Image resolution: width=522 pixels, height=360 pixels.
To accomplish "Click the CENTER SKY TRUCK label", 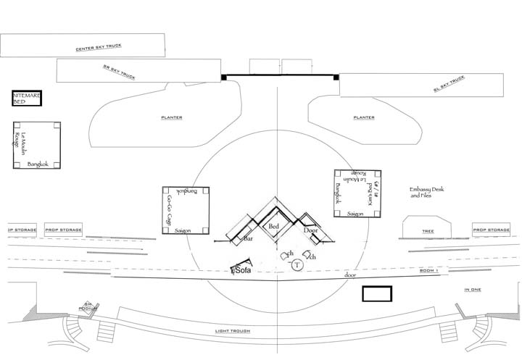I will click(99, 48).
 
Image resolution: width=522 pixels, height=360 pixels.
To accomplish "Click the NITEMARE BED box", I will click(27, 99).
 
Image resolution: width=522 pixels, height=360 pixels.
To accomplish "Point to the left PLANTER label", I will click(172, 117).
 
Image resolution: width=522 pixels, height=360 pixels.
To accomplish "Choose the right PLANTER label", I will click(363, 117).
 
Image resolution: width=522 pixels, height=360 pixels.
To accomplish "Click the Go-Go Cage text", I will click(168, 211).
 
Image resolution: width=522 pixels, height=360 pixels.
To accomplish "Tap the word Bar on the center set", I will click(247, 238).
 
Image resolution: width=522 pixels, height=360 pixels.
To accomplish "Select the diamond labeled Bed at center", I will click(274, 227).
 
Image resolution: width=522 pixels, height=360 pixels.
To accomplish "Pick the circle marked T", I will click(297, 266).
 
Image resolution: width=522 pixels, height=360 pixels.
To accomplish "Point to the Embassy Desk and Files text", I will click(426, 192).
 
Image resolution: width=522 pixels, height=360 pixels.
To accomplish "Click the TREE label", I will click(427, 232).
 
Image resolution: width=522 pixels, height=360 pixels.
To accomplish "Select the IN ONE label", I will click(473, 290).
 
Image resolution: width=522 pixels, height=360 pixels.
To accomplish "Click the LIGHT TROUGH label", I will click(233, 331).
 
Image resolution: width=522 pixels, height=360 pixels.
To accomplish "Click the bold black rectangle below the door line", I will click(377, 293).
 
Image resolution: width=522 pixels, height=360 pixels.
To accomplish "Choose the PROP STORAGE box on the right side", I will click(491, 230).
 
